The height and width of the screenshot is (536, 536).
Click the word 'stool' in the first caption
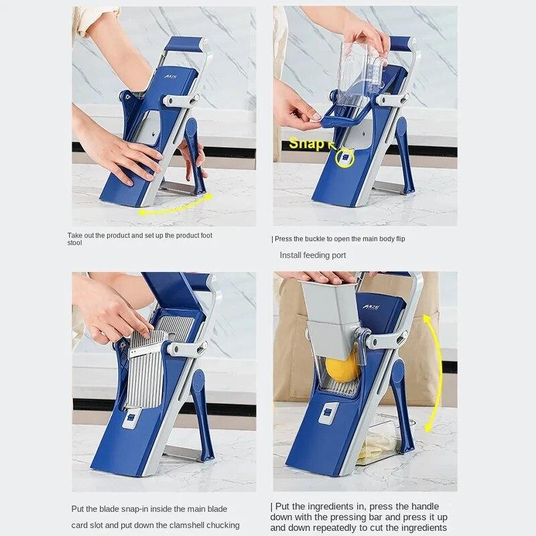click(74, 243)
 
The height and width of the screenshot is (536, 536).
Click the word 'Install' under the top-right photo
click(291, 255)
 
